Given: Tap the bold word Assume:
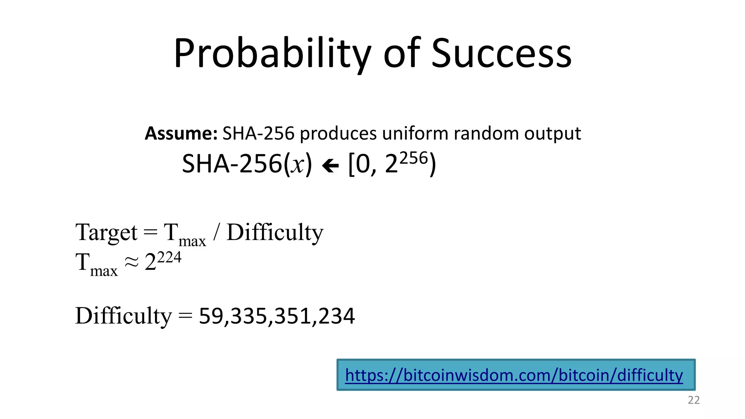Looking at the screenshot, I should coord(181,133).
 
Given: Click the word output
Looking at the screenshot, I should coord(553,133).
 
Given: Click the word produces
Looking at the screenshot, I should coord(338,133).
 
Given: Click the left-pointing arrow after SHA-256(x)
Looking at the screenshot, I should coord(330,166).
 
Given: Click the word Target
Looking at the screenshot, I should coord(106,233).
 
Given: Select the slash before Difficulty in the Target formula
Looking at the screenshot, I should coord(216,233).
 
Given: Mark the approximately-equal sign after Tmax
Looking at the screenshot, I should coord(132,262).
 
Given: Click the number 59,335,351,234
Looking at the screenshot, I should coord(277,316).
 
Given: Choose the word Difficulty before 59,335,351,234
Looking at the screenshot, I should coord(123,316).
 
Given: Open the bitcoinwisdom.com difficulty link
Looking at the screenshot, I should coord(514,375).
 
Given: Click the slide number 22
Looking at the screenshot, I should coord(694,400).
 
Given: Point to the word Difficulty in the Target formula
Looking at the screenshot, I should coord(275,233).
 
